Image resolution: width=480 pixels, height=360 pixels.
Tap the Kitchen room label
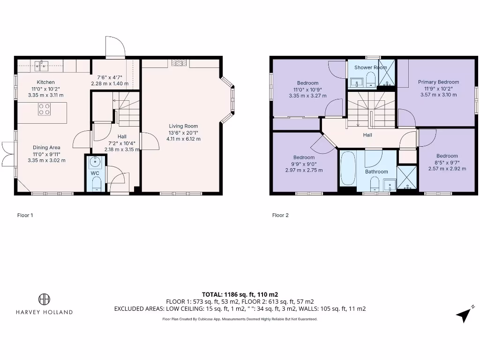pos(46,82)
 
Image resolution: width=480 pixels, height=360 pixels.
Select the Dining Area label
pos(46,147)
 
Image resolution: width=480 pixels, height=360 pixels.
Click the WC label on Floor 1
pos(95,173)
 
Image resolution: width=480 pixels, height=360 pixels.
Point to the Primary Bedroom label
pos(438,82)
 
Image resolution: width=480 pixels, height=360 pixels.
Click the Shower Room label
pos(370,67)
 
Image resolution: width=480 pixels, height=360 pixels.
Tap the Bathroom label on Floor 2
pos(376,172)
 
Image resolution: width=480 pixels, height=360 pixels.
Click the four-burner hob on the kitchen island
pos(45,109)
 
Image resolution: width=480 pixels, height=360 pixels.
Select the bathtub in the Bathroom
pos(348,169)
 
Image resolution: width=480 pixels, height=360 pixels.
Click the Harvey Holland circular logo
pos(44,299)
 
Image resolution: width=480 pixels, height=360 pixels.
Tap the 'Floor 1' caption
pos(25,216)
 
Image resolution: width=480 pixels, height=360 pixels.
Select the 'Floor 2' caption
pos(280,216)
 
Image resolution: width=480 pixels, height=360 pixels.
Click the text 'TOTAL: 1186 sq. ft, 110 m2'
pos(240,294)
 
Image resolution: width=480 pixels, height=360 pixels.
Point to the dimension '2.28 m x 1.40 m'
pos(109,84)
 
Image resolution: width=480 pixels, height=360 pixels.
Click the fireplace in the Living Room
pos(179,63)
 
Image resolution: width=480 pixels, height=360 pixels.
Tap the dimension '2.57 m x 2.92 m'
pos(447,169)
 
